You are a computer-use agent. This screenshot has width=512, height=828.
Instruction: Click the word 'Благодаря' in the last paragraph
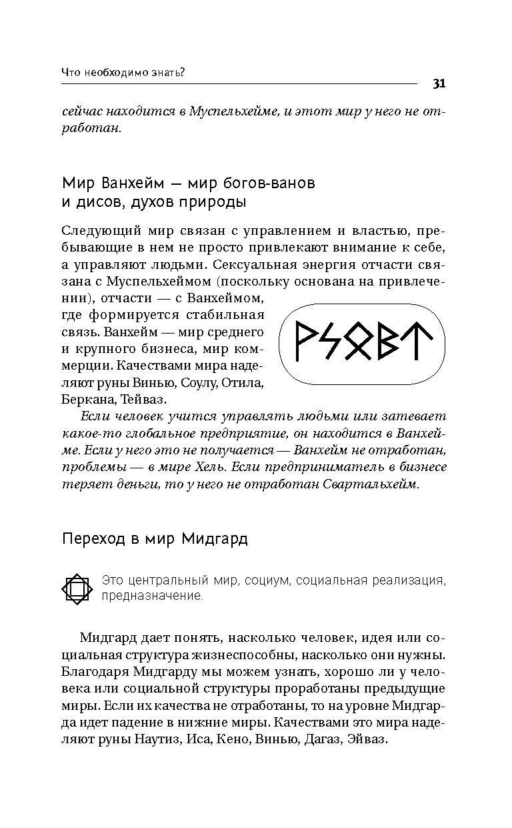click(91, 671)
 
